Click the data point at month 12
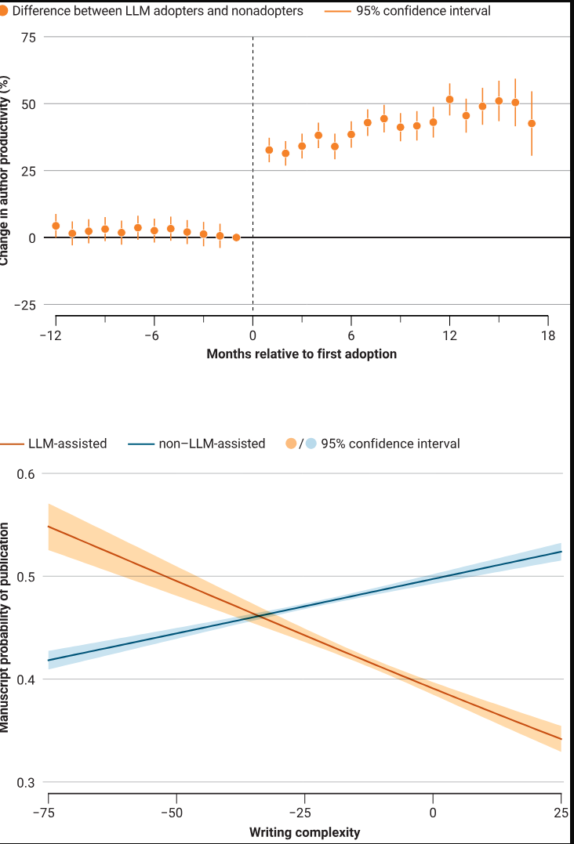(x=449, y=100)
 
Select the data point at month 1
(x=269, y=150)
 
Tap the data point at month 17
(x=532, y=123)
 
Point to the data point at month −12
(x=56, y=226)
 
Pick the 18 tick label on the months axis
(x=547, y=336)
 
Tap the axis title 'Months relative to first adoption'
(x=301, y=354)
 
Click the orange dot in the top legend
(x=4, y=12)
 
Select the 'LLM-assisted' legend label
(x=67, y=444)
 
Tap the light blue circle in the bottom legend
(x=311, y=444)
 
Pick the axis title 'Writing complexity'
(x=305, y=831)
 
